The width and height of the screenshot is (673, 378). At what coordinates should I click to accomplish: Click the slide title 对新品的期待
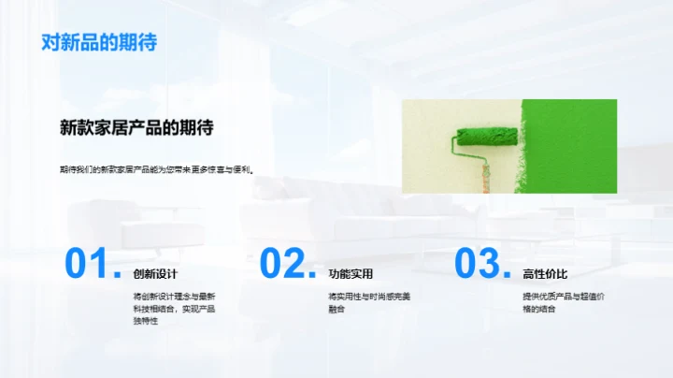click(x=99, y=42)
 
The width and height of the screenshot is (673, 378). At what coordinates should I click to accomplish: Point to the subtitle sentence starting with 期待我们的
click(x=156, y=170)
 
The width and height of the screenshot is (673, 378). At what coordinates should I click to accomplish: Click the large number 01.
click(x=90, y=264)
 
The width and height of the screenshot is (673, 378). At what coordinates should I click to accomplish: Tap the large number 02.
click(x=285, y=264)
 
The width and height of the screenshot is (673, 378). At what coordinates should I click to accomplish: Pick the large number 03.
click(x=480, y=264)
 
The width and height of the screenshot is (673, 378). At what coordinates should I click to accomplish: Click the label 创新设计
click(x=155, y=274)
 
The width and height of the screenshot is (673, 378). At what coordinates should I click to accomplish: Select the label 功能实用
click(x=351, y=274)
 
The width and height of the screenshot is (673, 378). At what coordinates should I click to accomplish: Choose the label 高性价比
click(x=545, y=274)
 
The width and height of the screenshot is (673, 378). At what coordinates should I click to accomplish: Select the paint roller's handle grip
click(x=485, y=178)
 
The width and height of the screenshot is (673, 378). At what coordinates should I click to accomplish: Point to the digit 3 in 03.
click(x=492, y=264)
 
